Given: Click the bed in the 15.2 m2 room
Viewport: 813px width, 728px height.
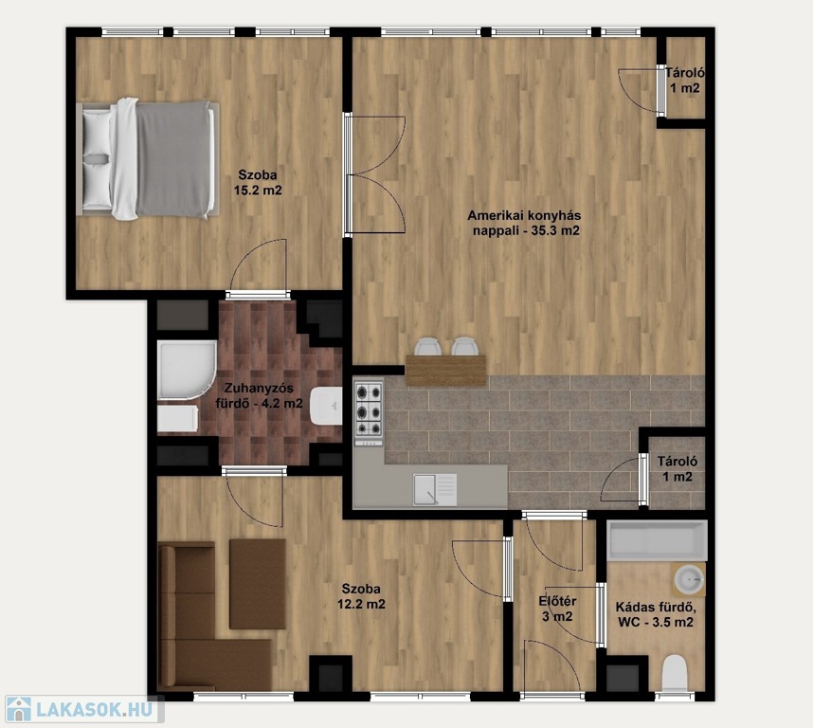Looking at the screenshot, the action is click(x=148, y=158).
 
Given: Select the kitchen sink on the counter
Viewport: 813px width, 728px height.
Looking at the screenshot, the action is click(x=435, y=489).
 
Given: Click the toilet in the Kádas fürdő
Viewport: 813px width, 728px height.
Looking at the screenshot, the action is click(x=675, y=673).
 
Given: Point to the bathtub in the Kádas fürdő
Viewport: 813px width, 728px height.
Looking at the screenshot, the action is click(x=657, y=541).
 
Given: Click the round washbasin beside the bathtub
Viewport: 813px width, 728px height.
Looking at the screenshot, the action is click(x=689, y=579).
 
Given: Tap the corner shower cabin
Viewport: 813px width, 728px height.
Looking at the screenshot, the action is click(x=187, y=371).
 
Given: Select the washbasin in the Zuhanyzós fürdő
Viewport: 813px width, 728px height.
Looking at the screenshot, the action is click(x=326, y=405).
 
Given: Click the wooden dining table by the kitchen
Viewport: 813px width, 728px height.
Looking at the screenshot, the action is click(x=445, y=371).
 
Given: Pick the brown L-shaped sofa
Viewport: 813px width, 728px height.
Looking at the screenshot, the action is click(x=208, y=617).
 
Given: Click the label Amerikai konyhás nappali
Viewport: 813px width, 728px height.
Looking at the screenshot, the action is click(x=524, y=223).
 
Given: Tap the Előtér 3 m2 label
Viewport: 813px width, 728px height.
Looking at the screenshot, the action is click(x=557, y=609).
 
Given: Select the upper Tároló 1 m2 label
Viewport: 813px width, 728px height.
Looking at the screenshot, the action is click(x=685, y=80).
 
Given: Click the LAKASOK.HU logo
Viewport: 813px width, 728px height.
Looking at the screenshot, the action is click(x=83, y=709).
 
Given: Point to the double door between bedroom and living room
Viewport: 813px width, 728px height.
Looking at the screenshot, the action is click(x=374, y=174).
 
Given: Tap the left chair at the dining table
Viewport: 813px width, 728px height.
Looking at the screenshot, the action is click(x=429, y=346).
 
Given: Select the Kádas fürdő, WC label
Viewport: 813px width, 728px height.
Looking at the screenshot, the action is click(x=656, y=614).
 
